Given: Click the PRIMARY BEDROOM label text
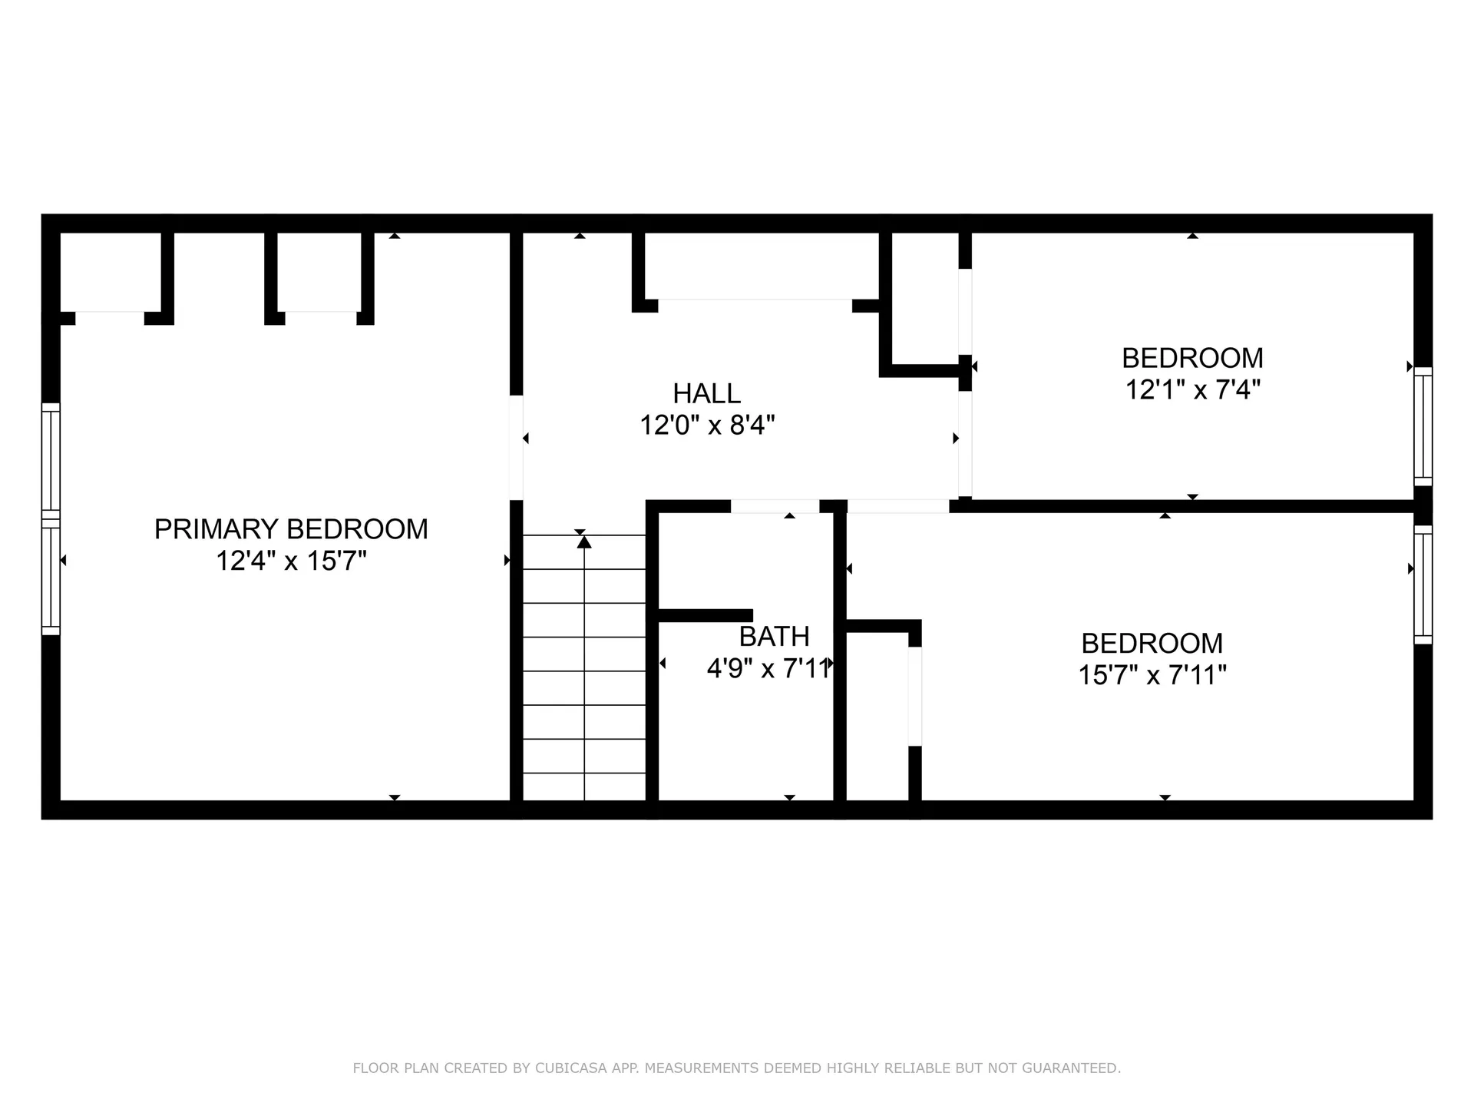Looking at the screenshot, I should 291,529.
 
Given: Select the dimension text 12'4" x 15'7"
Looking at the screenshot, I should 291,561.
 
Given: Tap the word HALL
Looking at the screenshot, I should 706,393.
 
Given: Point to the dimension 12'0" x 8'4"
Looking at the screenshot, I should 707,425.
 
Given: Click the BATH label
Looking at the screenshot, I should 774,637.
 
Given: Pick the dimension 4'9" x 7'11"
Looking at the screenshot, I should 768,669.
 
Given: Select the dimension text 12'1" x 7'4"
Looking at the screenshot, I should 1192,390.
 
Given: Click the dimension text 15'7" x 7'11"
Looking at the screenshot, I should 1152,675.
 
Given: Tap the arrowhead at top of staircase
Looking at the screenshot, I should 584,542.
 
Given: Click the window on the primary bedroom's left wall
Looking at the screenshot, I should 50,519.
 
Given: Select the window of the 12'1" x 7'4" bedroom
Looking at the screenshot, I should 1423,427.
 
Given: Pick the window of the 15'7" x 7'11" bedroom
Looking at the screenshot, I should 1423,584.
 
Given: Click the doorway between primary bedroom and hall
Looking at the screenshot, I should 517,448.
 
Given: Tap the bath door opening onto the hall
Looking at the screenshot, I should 775,506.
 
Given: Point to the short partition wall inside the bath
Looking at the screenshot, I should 705,615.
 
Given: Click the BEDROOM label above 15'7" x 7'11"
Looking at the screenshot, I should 1152,644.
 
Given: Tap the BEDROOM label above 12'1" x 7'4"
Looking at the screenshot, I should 1192,358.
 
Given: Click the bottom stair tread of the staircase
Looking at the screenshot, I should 584,786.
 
